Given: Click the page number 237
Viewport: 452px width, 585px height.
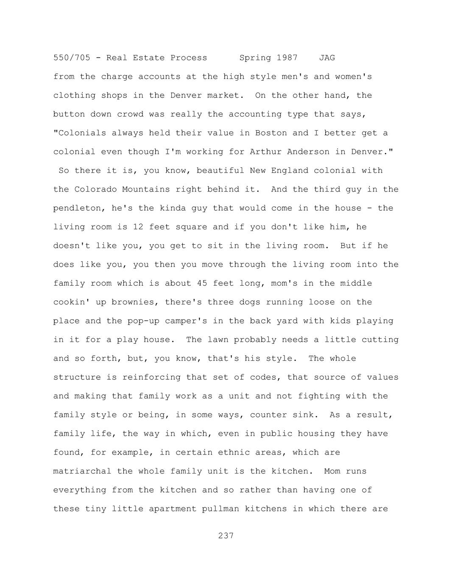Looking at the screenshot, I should pos(226,536).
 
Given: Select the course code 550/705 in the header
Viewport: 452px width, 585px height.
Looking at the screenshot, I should pos(72,58).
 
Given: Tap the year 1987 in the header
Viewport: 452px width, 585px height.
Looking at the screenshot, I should pos(287,58).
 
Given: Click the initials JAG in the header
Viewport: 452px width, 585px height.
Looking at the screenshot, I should pos(327,58).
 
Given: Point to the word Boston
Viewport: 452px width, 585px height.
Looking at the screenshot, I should pos(271,133).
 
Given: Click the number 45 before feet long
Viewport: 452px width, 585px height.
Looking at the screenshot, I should pos(202,283).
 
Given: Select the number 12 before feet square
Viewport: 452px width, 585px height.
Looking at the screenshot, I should pos(138,227).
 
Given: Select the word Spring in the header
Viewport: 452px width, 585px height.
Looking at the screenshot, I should pos(255,58).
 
